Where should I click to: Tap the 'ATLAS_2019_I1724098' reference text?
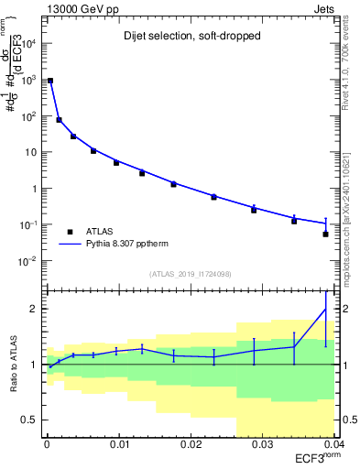pyautogui.click(x=191, y=273)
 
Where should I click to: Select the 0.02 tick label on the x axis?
pyautogui.click(x=191, y=444)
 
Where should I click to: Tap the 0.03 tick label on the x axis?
pyautogui.click(x=262, y=444)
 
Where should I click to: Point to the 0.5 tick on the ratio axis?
pyautogui.click(x=32, y=420)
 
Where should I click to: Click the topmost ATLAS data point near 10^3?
pyautogui.click(x=50, y=81)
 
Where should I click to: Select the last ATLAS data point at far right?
pyautogui.click(x=326, y=234)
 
